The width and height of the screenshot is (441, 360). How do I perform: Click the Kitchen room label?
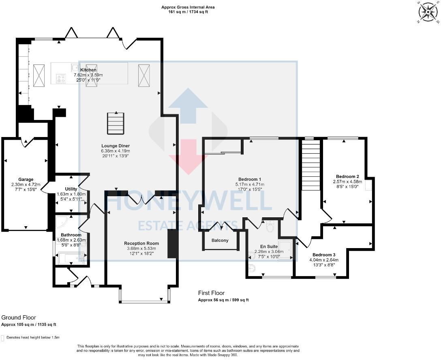[88, 70]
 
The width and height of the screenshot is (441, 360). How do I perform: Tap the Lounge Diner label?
[116, 146]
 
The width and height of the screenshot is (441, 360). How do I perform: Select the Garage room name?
[26, 180]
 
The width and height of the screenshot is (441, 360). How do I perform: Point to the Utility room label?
[71, 189]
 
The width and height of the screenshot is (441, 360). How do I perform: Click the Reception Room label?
[141, 243]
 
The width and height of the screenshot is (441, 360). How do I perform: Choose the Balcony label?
[220, 240]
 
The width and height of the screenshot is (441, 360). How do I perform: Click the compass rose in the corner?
[428, 12]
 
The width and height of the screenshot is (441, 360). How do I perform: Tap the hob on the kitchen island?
[61, 78]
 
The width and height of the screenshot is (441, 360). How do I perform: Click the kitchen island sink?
[75, 67]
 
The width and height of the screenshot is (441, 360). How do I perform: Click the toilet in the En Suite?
[270, 226]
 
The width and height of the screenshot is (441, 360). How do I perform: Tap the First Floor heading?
[211, 293]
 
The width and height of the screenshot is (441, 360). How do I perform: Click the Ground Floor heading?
[19, 317]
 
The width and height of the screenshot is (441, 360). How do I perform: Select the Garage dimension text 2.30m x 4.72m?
[26, 184]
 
